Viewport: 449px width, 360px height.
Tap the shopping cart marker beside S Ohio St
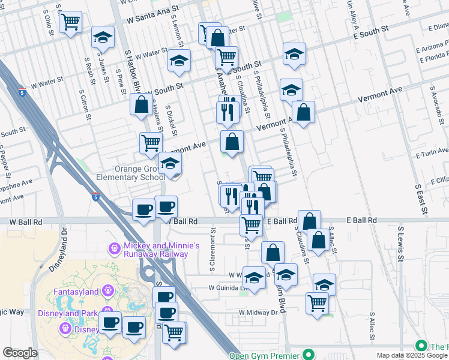71,22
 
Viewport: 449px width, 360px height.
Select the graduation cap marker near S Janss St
103,37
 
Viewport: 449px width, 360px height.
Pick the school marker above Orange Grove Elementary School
170,163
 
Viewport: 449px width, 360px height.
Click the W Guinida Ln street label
228,287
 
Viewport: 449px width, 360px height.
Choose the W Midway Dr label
258,313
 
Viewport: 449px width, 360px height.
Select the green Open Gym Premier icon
309,354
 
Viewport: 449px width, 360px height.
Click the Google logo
20,353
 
